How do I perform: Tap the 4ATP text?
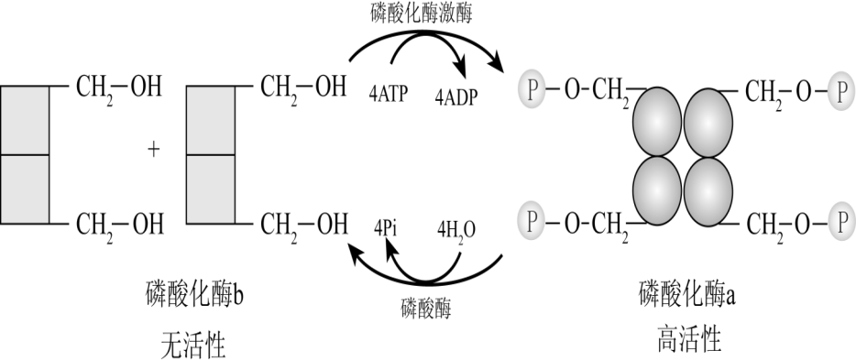pos(389,93)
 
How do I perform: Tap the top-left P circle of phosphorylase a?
pos(532,90)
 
